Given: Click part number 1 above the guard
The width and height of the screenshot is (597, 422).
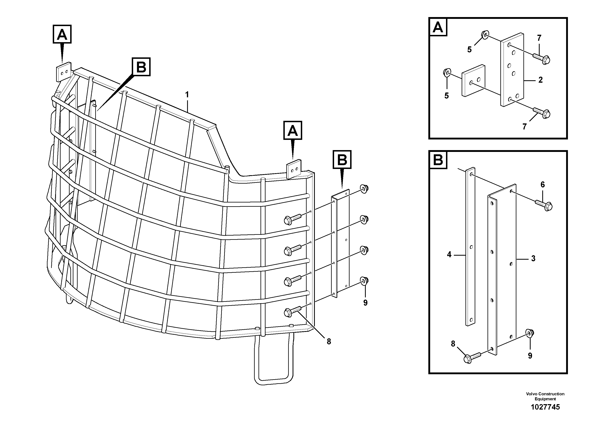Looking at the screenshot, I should point(187,95).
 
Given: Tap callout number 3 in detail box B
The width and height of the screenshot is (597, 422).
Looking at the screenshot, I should point(533,259).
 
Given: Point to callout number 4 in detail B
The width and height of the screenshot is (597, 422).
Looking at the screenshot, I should point(449,254).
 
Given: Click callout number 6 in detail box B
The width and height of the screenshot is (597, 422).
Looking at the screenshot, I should point(542,185).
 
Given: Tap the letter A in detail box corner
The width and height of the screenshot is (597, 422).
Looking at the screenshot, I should point(438,27).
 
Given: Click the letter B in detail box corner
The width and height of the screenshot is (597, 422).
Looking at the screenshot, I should point(438,160).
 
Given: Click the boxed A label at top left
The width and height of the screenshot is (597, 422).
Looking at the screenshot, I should point(62,34).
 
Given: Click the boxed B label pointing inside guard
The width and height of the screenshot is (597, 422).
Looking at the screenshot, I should point(141,67).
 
